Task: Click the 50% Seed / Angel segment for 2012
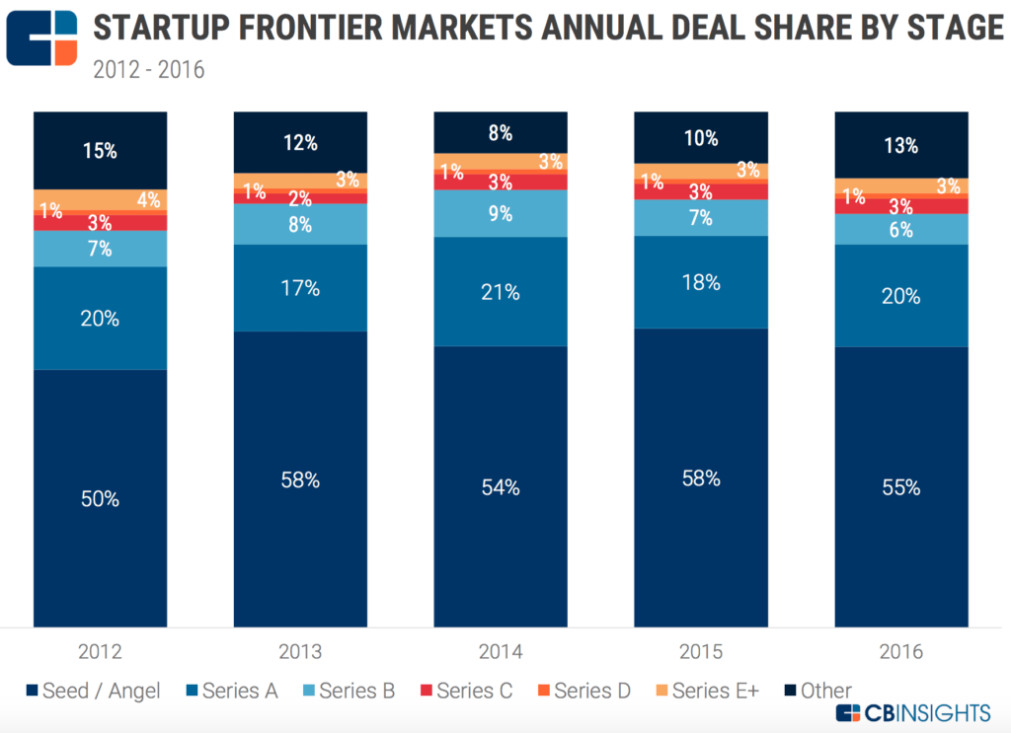click(100, 498)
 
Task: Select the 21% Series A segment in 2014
click(501, 291)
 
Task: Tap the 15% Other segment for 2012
click(100, 151)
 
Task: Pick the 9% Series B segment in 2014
click(501, 213)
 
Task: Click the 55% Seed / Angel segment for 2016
click(900, 486)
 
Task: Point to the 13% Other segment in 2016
click(900, 145)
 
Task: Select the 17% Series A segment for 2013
click(300, 288)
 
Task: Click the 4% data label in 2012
click(148, 200)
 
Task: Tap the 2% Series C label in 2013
click(300, 198)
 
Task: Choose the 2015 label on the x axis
click(700, 652)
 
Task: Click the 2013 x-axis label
click(300, 652)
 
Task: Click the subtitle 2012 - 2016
click(149, 71)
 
